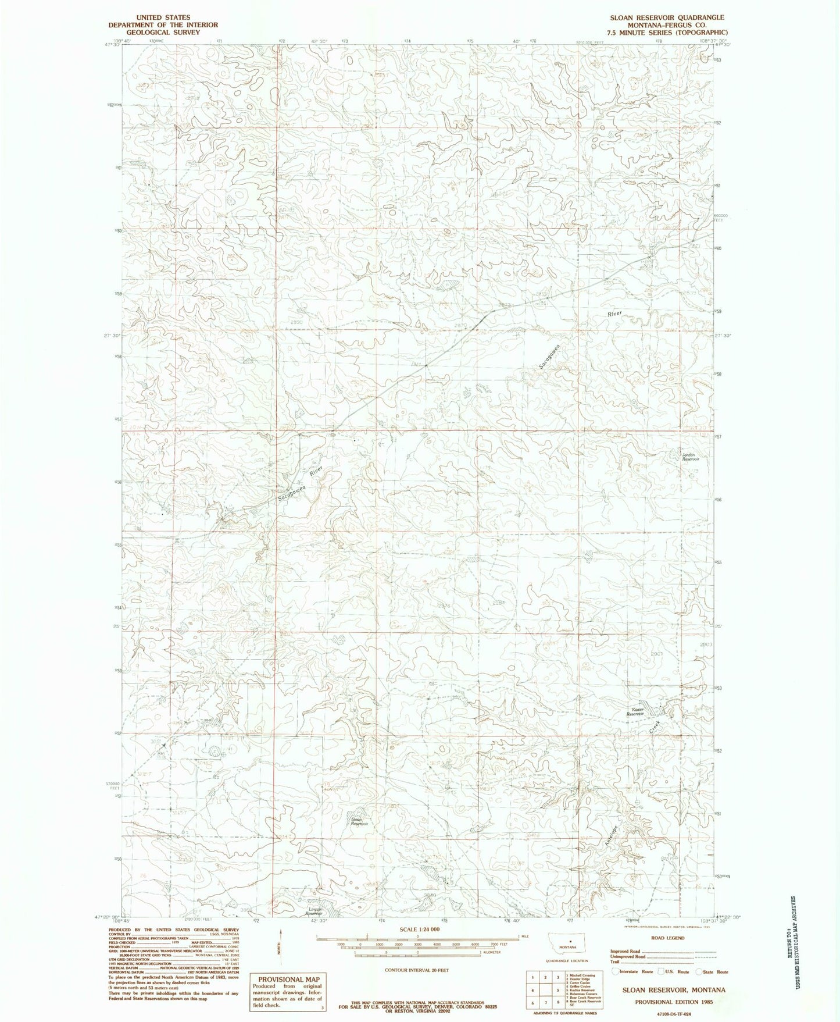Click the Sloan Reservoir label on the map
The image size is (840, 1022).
[360, 822]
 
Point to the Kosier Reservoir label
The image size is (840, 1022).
[637, 712]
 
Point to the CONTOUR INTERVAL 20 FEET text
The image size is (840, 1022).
[417, 970]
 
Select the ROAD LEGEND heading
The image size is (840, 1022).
[668, 938]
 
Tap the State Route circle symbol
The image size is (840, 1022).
[700, 971]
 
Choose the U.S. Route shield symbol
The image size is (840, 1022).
[661, 971]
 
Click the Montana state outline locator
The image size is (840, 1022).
[568, 942]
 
